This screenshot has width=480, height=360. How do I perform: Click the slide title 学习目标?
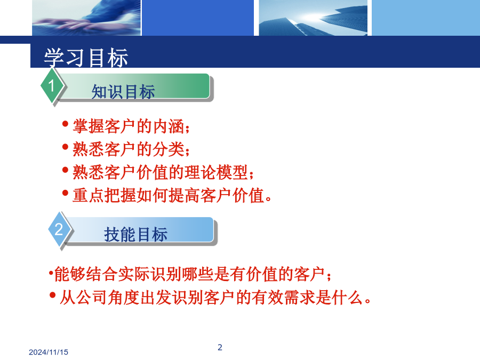[x=86, y=58]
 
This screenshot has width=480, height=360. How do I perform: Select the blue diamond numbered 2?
[x=59, y=229]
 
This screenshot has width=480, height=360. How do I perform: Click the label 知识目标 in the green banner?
[x=123, y=92]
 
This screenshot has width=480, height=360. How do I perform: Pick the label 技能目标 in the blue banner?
[x=135, y=235]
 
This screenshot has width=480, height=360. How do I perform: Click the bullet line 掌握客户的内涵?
[x=131, y=126]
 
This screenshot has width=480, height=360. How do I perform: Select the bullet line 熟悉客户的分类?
[x=131, y=149]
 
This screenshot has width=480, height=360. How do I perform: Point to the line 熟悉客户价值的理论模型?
[x=163, y=172]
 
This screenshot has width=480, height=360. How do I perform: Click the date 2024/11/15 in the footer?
[x=49, y=352]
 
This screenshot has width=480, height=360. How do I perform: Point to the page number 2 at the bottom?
[x=220, y=347]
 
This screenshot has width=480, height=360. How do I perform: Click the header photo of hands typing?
[x=86, y=18]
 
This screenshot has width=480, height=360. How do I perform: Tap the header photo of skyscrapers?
[x=313, y=18]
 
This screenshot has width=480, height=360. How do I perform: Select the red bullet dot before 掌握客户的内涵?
[x=65, y=124]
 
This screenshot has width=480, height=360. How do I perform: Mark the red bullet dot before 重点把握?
[x=65, y=193]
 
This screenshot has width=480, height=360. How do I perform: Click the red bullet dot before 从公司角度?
[x=52, y=295]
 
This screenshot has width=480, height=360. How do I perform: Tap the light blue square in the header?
[x=426, y=18]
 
